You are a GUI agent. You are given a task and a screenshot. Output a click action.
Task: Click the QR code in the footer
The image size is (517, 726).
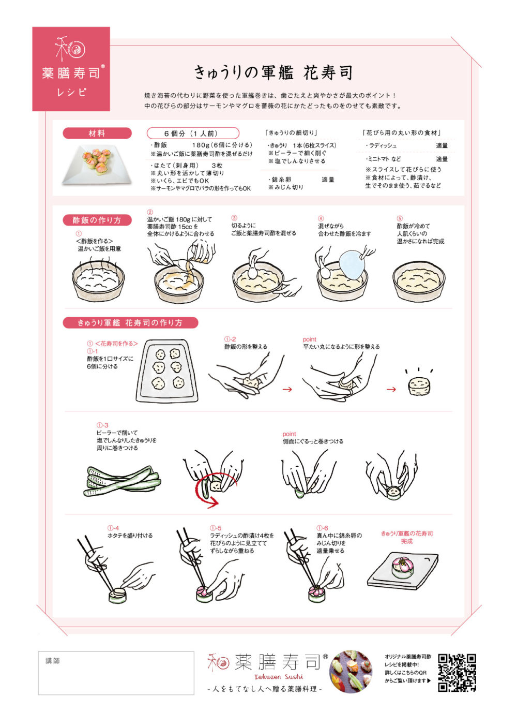[x=457, y=672]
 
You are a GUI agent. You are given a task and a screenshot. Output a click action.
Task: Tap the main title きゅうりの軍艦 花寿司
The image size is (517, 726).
[x=273, y=72]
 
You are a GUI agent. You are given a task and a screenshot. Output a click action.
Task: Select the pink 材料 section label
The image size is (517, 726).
[x=97, y=134]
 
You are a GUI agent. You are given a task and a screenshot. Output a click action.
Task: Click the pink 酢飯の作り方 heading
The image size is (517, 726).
[x=97, y=220]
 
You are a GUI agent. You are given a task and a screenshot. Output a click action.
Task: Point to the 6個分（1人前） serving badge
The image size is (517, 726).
[x=193, y=134]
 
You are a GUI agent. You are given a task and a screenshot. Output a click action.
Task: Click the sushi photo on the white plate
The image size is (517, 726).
[x=97, y=162]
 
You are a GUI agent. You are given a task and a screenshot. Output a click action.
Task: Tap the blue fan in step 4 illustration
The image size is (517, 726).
[x=353, y=264]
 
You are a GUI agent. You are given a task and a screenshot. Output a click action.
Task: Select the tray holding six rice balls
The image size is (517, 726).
[x=168, y=371]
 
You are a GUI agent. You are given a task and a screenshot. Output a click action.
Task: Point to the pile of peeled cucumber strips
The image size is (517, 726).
[x=121, y=481]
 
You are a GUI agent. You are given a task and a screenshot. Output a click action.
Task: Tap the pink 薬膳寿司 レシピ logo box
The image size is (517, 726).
[x=71, y=69]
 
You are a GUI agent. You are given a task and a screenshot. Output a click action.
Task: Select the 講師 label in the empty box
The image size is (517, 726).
[x=53, y=661]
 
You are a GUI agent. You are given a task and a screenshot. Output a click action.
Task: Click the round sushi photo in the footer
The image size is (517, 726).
[x=351, y=671]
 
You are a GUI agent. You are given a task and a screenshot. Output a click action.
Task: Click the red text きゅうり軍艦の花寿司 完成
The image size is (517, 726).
[x=407, y=537]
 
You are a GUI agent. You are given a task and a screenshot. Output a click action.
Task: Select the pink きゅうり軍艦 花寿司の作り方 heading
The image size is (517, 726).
[x=130, y=322]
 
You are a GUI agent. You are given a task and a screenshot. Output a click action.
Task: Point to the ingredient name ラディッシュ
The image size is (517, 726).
[x=383, y=146]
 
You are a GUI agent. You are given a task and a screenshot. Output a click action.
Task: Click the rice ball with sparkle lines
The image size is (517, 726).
[x=418, y=386]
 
